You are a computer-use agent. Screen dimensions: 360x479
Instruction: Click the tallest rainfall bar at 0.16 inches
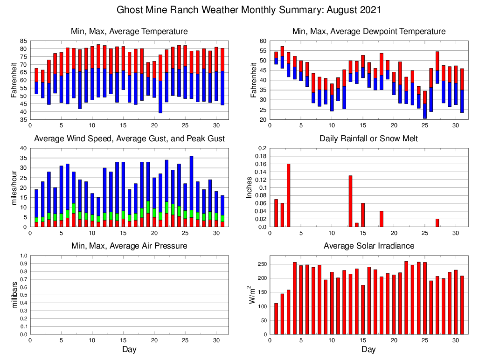point(288,195)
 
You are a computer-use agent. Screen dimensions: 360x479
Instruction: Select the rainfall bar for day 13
point(350,201)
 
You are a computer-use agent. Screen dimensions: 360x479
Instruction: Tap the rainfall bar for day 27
point(437,223)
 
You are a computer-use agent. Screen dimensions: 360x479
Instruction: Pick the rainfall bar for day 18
point(381,219)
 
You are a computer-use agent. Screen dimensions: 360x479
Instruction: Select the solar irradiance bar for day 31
point(462,305)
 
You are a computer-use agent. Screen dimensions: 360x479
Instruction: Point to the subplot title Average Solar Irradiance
point(368,246)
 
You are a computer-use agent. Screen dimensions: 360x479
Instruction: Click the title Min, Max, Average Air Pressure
point(129,246)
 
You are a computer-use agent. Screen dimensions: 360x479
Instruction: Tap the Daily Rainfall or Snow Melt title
point(368,138)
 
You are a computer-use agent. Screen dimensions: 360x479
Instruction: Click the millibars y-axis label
point(14,295)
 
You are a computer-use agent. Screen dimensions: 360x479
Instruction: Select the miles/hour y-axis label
point(14,187)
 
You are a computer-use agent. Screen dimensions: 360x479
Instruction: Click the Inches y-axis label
point(250,187)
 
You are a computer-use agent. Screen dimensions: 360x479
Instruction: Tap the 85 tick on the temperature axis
point(23,41)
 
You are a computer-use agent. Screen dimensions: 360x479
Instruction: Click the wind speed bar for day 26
point(191,191)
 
